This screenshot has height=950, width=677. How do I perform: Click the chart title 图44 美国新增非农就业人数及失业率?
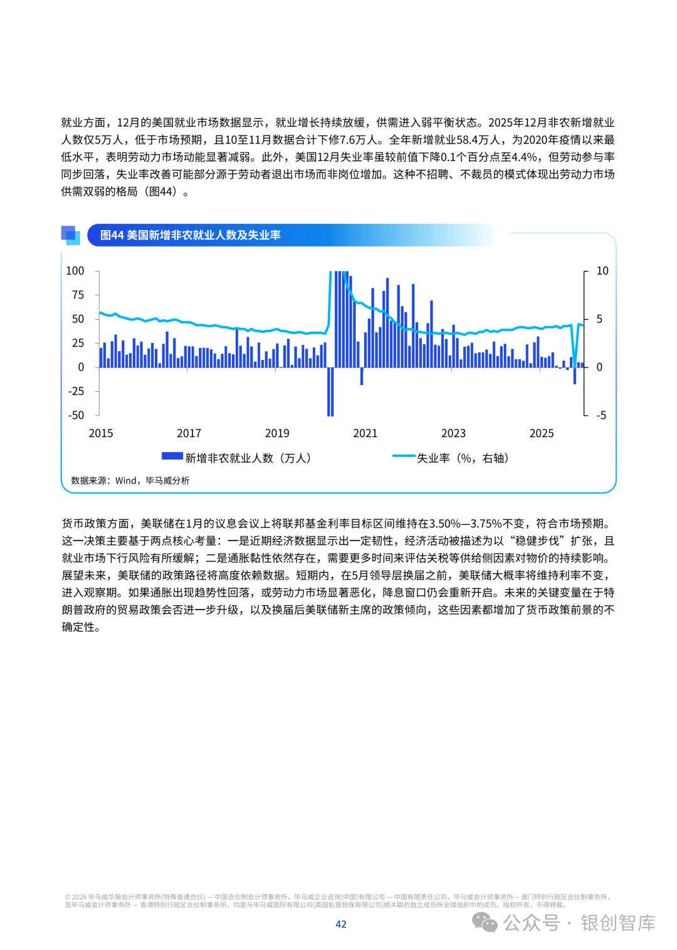pos(191,235)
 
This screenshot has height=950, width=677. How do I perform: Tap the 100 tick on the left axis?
pos(75,271)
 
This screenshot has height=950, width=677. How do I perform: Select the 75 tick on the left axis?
pos(77,295)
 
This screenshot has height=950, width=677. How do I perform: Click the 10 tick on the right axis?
pos(602,271)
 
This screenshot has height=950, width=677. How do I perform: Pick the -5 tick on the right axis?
pos(601,415)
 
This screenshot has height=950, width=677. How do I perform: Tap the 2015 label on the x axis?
pos(101,433)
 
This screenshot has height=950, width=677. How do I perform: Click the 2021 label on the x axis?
pos(365,433)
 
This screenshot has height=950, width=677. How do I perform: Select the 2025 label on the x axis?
pos(542,433)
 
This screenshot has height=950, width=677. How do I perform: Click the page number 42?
pos(341,924)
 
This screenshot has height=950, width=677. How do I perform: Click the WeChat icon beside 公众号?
pos(486,923)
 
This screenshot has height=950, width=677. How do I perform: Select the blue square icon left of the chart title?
pos(70,235)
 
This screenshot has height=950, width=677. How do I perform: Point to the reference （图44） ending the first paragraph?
pos(165,192)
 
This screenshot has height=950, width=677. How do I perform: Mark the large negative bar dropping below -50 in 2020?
pos(330,392)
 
